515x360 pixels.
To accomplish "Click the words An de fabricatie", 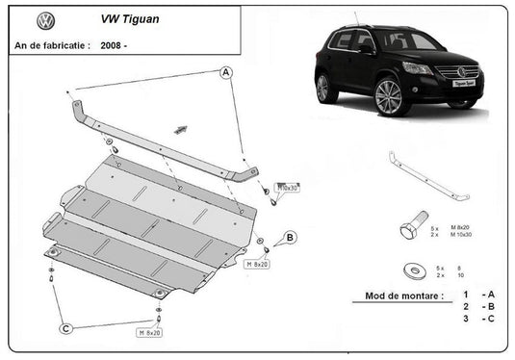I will [x=52, y=44].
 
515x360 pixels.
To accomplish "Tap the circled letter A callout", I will [x=225, y=71].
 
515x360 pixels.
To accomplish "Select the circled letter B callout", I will [x=290, y=237].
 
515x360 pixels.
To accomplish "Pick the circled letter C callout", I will [x=66, y=329].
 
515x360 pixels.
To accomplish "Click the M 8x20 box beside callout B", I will [x=257, y=263].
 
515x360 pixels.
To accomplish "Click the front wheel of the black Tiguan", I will [x=388, y=97].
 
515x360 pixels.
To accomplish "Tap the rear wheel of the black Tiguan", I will [x=322, y=88].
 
